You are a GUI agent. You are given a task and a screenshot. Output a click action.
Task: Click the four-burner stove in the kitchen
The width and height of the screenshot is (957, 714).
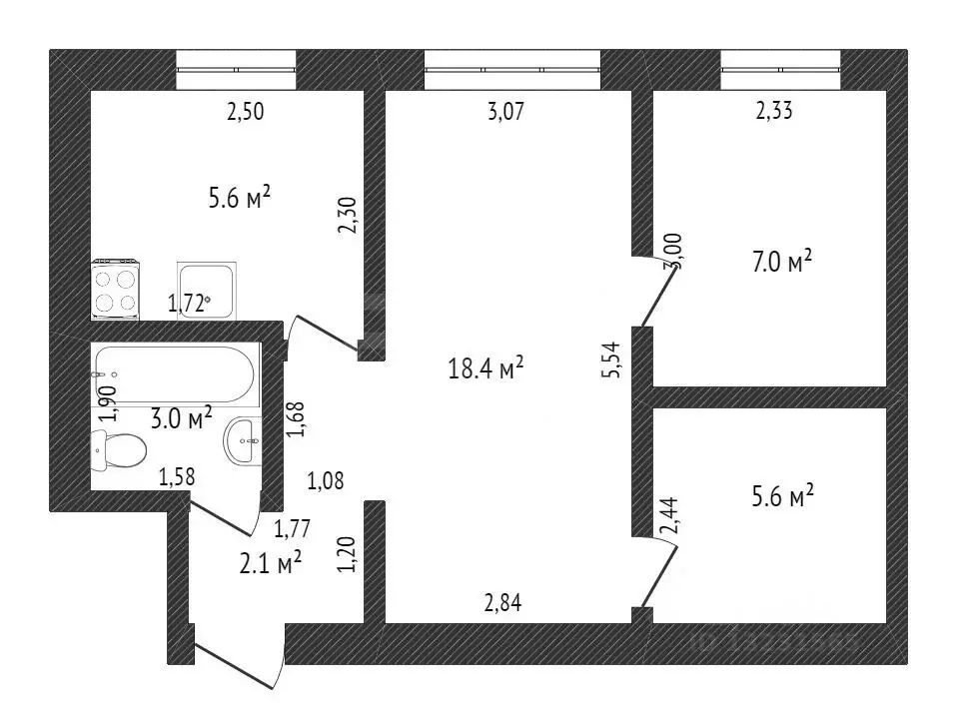coord(116,290)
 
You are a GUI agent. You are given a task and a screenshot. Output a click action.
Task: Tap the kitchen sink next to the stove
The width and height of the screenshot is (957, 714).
coord(207,290)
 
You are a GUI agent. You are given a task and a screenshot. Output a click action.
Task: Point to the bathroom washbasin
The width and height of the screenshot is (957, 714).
coord(244,440)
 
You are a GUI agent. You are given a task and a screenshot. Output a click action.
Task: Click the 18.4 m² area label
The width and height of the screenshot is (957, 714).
coord(486,369)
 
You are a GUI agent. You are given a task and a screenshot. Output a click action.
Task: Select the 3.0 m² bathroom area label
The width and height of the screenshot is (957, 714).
coord(181,416)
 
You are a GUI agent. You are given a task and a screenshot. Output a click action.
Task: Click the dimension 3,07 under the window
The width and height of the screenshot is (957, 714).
coord(505,112)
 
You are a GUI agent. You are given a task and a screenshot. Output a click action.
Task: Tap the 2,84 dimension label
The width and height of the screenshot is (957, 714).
coord(501,602)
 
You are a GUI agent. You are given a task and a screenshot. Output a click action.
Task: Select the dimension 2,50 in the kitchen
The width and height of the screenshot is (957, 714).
coord(246,112)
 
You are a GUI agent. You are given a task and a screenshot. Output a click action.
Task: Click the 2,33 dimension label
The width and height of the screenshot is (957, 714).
coord(774,112)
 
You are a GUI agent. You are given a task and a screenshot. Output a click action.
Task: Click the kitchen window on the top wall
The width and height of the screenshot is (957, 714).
coord(237,70)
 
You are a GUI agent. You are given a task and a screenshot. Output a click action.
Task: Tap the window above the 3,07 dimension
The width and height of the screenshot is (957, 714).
coord(512,70)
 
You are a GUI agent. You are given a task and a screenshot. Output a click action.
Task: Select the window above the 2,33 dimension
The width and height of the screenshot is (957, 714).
coord(780,70)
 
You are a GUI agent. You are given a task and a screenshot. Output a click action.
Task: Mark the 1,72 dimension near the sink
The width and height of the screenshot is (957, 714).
coord(188,304)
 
